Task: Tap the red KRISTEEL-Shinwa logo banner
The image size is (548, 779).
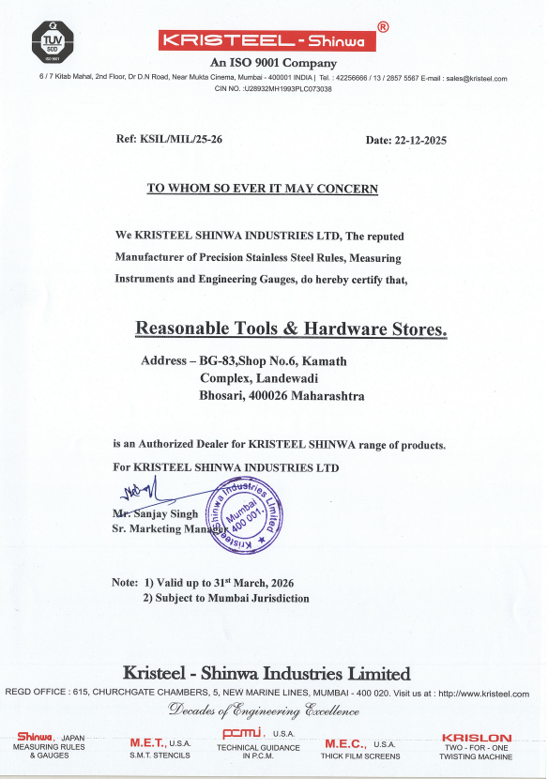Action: tap(267, 40)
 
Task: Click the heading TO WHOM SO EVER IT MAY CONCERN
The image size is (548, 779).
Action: tap(263, 189)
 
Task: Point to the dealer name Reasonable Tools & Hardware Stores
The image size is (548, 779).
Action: tap(292, 328)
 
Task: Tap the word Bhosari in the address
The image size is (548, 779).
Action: tap(220, 396)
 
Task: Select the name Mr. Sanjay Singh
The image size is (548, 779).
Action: tap(156, 515)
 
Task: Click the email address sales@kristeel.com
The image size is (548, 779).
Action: tap(477, 79)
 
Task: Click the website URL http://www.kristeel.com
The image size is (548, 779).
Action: tap(483, 694)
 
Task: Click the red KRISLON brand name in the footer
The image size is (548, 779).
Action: tap(477, 739)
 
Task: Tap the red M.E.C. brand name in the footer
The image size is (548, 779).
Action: tap(344, 743)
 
